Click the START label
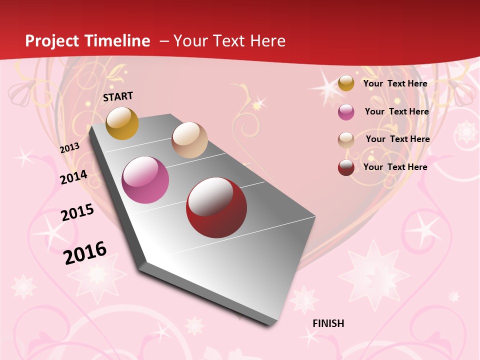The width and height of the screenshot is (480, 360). [118, 96]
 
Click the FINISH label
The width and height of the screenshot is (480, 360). [328, 323]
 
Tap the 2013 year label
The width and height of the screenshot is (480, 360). [70, 148]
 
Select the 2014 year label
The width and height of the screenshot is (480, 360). [74, 177]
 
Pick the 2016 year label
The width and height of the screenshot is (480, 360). [85, 252]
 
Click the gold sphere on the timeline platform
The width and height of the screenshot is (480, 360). [122, 123]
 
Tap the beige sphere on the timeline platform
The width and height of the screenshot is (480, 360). [189, 140]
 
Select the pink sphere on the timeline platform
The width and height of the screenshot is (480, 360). [145, 180]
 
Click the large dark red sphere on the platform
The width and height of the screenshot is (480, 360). [216, 207]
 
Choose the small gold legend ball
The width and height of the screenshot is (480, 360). [346, 83]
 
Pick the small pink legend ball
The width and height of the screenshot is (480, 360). [346, 112]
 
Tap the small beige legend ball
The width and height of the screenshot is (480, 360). [346, 140]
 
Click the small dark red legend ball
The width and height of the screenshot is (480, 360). [346, 167]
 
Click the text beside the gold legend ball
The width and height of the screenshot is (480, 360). [395, 83]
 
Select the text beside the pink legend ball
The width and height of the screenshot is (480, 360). [396, 111]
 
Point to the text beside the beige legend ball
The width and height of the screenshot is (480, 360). [397, 139]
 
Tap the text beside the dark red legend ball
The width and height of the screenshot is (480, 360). [395, 167]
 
